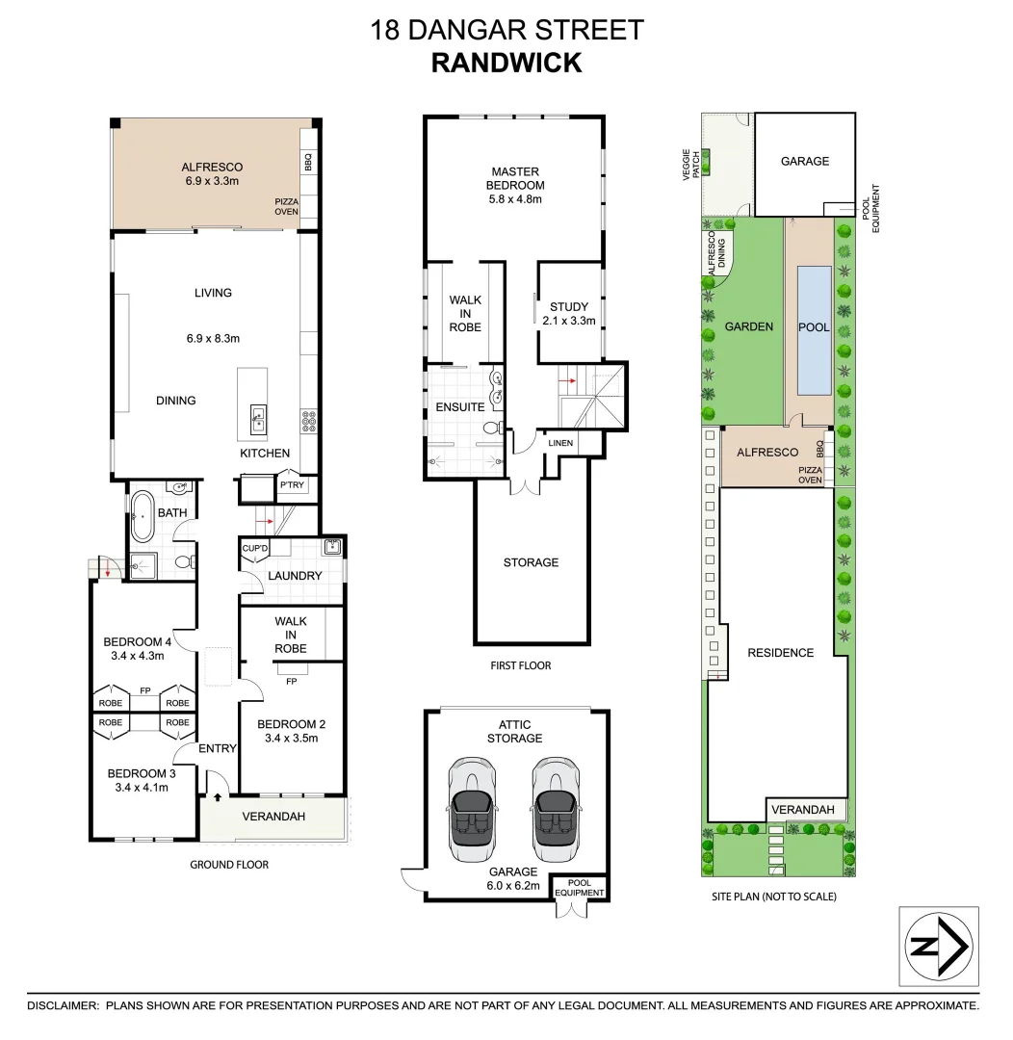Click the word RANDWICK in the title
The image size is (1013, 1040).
(506, 63)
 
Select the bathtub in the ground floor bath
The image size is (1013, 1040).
(143, 518)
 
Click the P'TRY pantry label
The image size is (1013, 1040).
(292, 485)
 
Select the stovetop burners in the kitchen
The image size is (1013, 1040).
(311, 419)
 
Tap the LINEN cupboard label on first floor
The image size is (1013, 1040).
(561, 443)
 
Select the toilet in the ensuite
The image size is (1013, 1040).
(491, 428)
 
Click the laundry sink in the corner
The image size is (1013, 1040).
(332, 548)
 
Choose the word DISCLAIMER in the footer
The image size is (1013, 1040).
(63, 1005)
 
